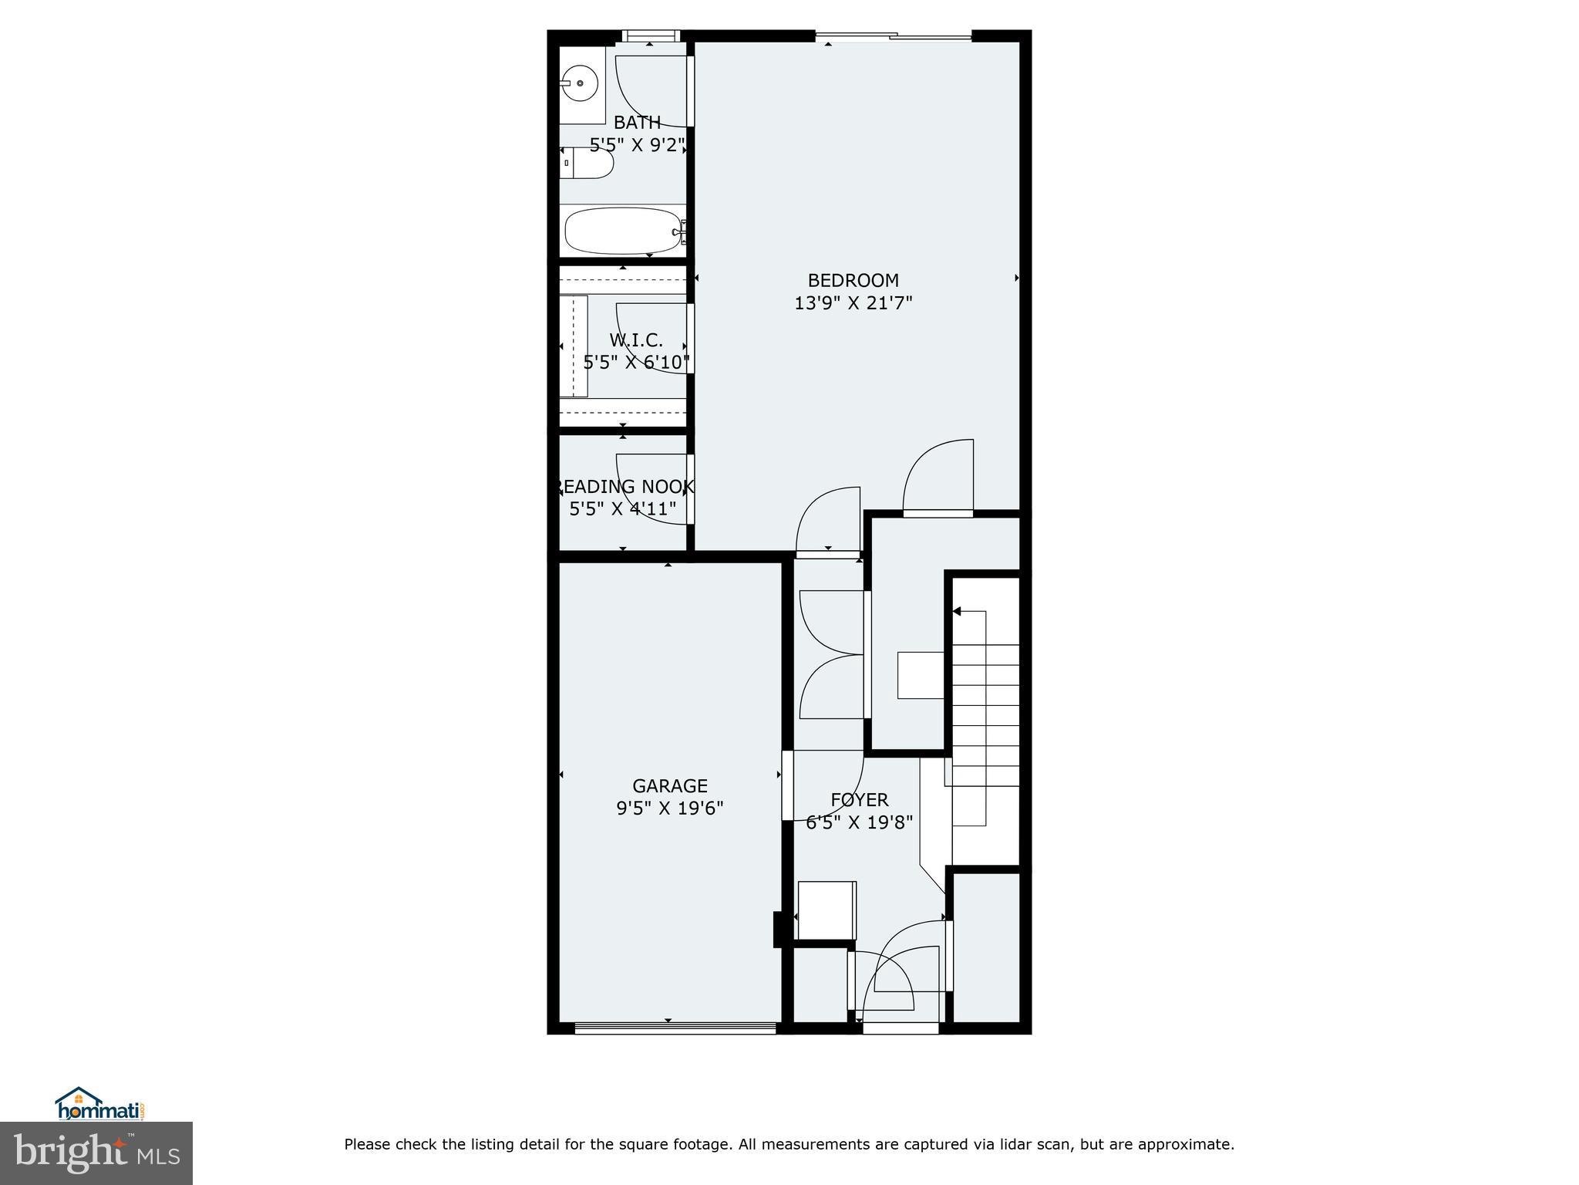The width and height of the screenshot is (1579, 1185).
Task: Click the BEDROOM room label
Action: tap(853, 280)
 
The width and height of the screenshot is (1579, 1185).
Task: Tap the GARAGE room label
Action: tap(669, 785)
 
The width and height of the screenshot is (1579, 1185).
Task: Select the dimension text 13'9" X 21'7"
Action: tap(853, 303)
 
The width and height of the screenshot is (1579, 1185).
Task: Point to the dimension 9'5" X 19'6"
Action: tap(669, 808)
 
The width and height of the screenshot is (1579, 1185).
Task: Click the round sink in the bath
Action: tap(579, 83)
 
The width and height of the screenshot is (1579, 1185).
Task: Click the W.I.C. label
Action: tap(636, 339)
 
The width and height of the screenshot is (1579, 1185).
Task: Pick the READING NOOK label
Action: tap(625, 487)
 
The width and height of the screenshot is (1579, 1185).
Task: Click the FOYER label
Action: tap(859, 799)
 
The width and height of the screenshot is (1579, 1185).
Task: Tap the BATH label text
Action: tap(637, 122)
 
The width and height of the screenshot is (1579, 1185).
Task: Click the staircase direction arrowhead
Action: tap(957, 612)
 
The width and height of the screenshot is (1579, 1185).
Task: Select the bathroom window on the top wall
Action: tap(650, 35)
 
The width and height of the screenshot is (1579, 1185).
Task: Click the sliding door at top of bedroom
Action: tap(893, 35)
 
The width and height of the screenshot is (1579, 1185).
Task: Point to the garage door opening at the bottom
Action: tap(675, 1028)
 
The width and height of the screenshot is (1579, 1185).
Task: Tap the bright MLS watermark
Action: tap(96, 1154)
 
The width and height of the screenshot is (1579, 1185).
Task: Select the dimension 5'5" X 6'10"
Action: tap(636, 362)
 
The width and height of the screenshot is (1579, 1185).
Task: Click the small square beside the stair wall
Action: tap(921, 675)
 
